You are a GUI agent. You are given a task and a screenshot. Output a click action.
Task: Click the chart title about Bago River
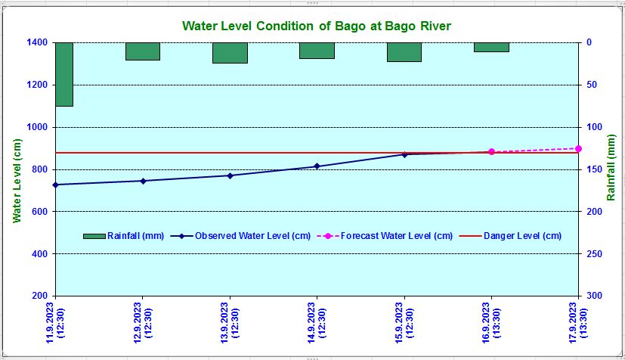(x=316, y=26)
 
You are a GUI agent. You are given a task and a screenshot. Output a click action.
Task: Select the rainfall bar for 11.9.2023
(x=64, y=74)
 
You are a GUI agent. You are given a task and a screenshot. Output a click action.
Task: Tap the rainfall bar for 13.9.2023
(x=230, y=53)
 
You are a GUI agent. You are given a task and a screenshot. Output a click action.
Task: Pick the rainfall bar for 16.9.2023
(x=491, y=47)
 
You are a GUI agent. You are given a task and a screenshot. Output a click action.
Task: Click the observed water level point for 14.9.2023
(x=317, y=166)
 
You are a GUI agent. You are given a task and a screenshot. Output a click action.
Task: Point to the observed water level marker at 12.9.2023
(x=143, y=181)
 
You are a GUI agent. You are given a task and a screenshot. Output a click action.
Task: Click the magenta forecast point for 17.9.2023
(x=578, y=148)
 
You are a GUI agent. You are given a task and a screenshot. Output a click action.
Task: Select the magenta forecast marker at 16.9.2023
(x=491, y=152)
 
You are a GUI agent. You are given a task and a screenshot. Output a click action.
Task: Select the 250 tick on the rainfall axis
(x=594, y=254)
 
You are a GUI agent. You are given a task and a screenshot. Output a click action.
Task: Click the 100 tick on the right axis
(x=594, y=128)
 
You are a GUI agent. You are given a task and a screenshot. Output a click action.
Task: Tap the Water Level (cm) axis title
(x=17, y=179)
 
